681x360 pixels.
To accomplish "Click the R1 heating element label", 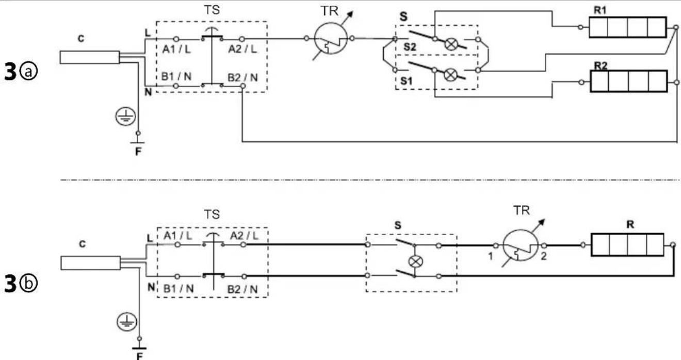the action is (600, 10).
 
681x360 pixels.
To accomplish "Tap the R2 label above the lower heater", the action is (601, 66).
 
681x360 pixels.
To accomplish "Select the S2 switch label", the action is (410, 47).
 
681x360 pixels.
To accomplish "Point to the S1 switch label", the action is (407, 81).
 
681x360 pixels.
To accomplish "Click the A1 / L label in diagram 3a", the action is (176, 50).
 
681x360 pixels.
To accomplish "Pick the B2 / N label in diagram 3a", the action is (242, 78).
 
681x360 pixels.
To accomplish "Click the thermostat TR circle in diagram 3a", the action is (331, 39).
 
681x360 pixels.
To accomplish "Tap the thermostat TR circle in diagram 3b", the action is (520, 245).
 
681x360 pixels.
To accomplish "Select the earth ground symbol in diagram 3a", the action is (125, 117).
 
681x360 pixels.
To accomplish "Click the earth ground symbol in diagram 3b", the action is (127, 322).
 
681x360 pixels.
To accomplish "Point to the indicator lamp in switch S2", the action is (451, 44).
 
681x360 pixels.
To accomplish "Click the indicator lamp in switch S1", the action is (450, 75).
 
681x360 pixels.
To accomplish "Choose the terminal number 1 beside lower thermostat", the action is (491, 257).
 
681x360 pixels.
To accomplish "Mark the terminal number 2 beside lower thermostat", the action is (544, 256).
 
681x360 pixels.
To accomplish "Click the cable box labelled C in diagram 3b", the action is (91, 263).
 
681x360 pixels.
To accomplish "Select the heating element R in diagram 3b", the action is (627, 245).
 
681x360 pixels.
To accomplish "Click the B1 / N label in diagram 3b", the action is (179, 288).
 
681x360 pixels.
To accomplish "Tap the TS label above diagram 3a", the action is (212, 10).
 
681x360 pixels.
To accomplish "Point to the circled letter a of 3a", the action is (28, 72).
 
